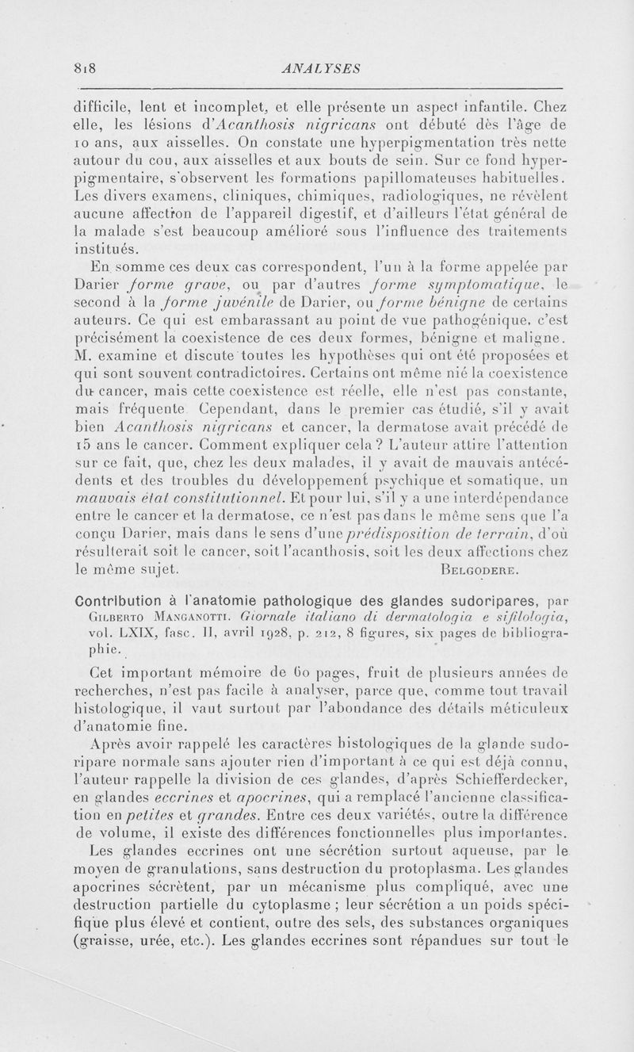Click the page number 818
coord(85,69)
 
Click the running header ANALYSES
coord(316,69)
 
